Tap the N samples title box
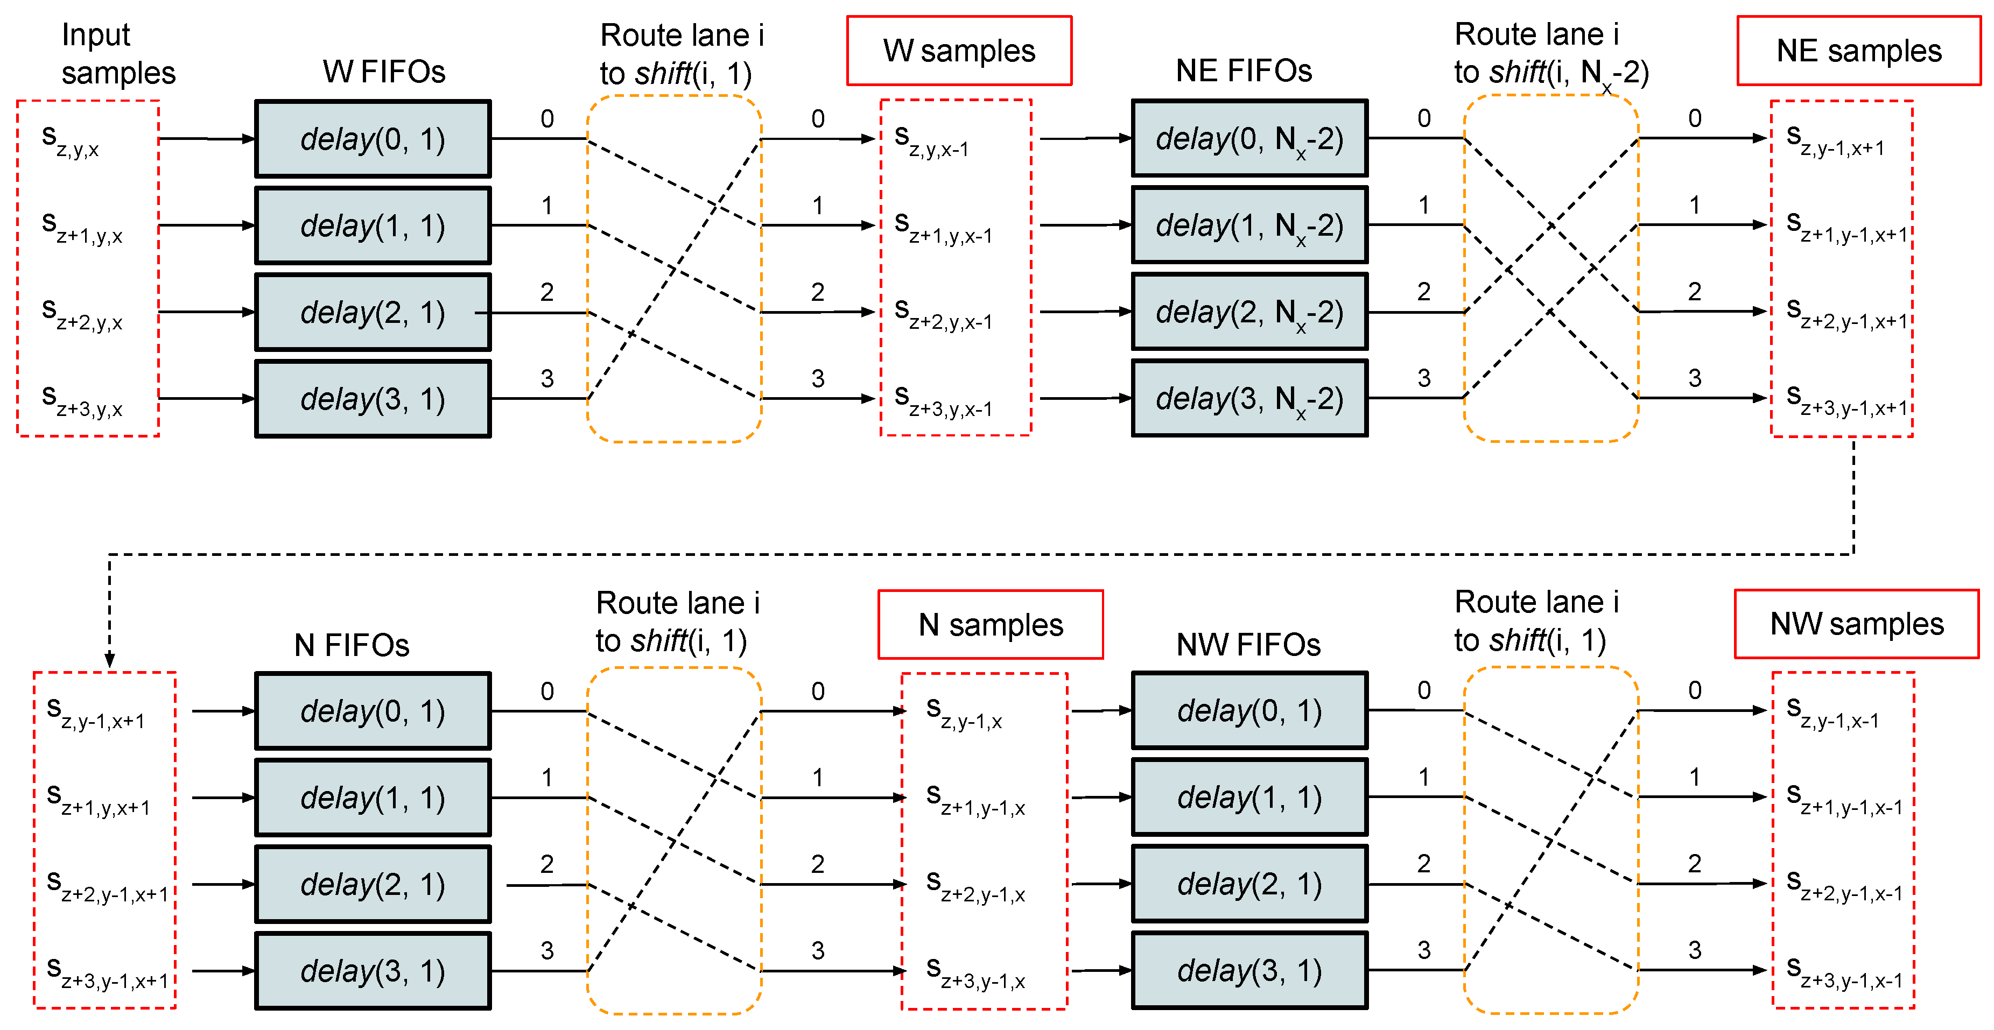coord(990,624)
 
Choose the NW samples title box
coord(1856,624)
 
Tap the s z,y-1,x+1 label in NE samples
coord(1835,140)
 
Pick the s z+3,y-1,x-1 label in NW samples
coord(1843,972)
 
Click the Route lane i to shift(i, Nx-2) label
coord(1550,53)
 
